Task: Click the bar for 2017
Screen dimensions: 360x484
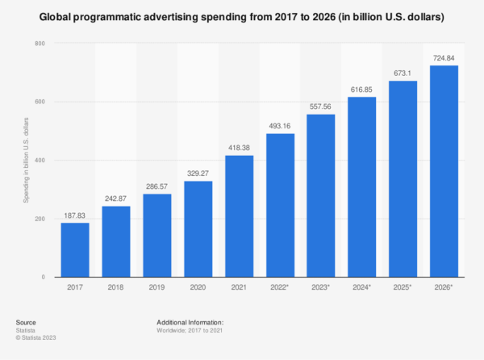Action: pos(75,249)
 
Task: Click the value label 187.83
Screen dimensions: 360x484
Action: pos(75,215)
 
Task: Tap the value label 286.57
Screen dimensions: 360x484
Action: pos(157,186)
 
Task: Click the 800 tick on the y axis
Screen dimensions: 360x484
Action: pos(39,43)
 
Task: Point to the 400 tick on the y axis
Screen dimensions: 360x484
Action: pos(39,160)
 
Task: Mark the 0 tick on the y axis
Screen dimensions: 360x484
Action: pos(43,277)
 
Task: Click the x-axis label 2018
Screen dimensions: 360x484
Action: pos(116,288)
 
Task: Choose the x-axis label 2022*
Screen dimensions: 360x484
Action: pos(281,288)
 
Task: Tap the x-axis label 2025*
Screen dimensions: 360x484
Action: pos(403,288)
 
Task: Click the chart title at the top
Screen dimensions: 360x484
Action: pos(242,16)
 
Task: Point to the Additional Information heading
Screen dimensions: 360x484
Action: pos(190,322)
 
